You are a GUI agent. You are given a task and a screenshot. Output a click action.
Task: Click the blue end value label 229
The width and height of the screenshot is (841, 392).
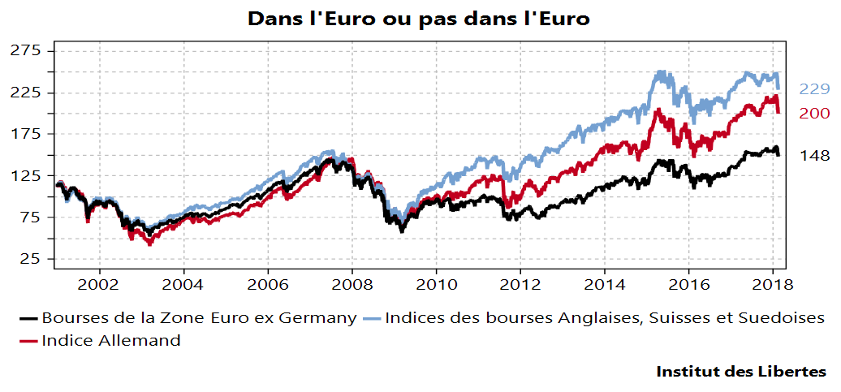click(x=814, y=89)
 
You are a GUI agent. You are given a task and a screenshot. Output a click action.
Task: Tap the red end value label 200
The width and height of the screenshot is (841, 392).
click(x=814, y=114)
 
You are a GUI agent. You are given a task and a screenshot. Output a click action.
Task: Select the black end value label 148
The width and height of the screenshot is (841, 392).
click(x=814, y=156)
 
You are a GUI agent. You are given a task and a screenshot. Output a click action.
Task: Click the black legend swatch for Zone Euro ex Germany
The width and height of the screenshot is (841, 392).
click(x=30, y=318)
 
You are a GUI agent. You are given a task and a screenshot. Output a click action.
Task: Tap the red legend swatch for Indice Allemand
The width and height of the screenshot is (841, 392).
click(x=30, y=341)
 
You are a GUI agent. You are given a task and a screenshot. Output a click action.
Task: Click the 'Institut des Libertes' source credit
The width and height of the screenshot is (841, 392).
click(x=741, y=372)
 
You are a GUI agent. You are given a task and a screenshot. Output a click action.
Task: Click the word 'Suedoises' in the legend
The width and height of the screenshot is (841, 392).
click(x=783, y=317)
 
